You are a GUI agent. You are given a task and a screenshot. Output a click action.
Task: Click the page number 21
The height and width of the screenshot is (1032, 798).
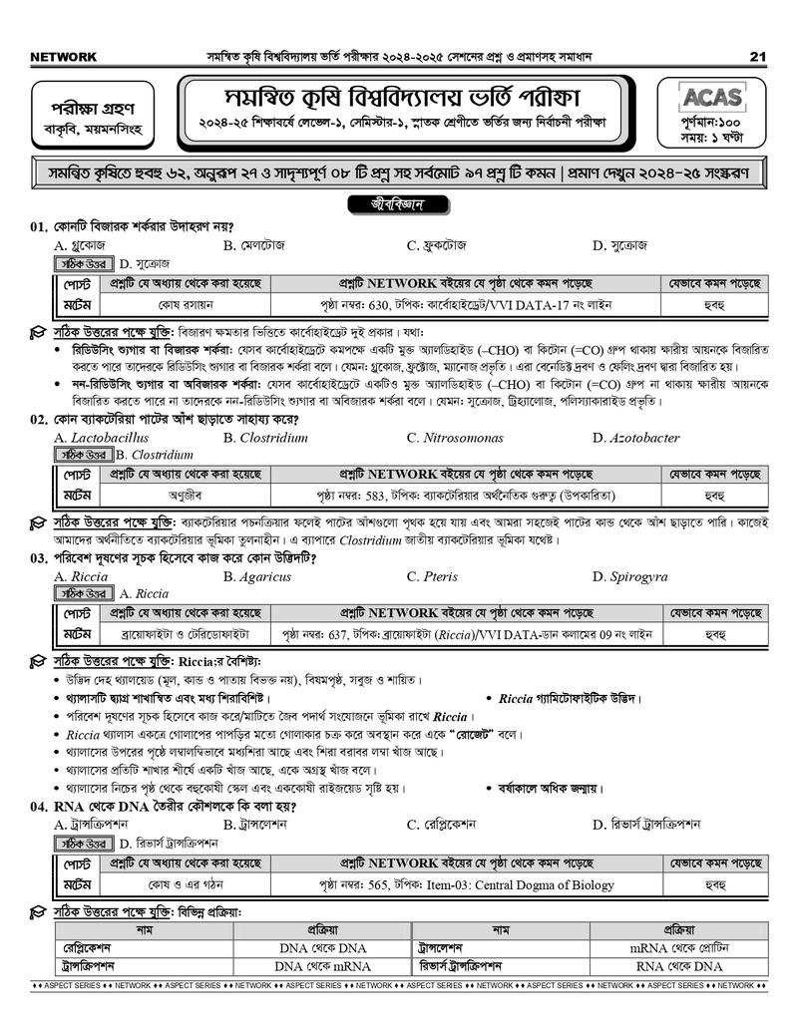pos(758,56)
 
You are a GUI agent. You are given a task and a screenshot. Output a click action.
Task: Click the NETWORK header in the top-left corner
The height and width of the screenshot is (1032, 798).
pos(64,57)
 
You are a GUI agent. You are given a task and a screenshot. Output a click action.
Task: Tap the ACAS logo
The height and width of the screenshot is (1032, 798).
pos(711,97)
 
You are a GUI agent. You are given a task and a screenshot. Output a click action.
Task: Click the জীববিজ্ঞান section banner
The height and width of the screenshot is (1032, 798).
pos(397,205)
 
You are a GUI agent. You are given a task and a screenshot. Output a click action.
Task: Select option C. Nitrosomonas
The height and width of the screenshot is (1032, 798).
pos(453,438)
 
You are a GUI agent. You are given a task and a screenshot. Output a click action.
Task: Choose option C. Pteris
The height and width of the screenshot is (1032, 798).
pos(432,576)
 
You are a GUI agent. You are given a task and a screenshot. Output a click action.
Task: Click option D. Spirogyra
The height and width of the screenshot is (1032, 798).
pos(632,576)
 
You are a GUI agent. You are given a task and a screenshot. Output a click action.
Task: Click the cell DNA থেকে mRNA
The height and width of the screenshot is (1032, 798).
pos(323,966)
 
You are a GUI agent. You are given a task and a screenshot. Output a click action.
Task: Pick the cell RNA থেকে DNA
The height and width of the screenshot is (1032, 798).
pos(679,966)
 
